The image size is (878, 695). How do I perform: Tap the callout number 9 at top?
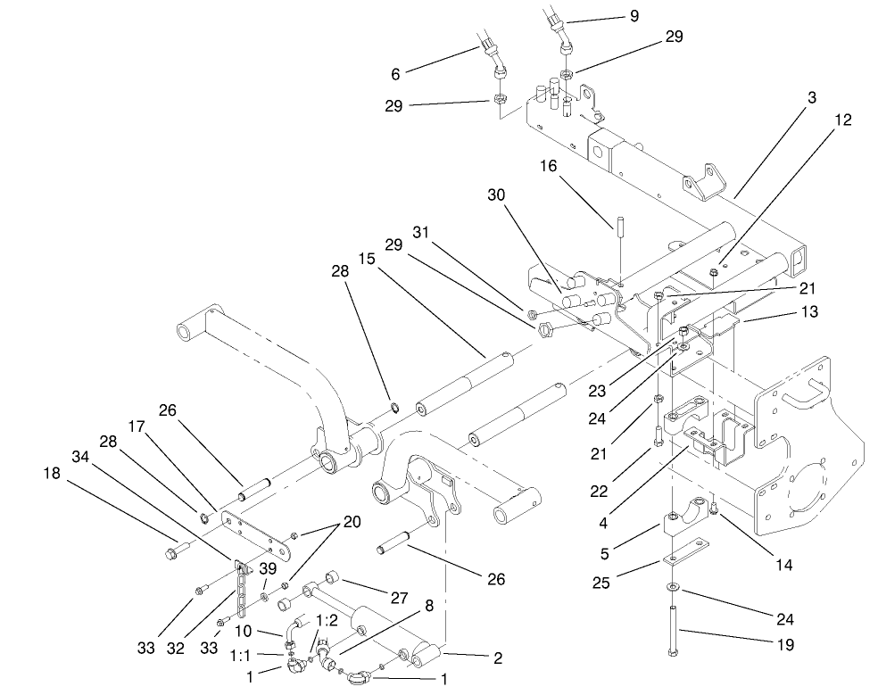click(634, 16)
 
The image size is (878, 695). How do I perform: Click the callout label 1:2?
click(327, 619)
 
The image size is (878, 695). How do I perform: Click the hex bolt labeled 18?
click(174, 554)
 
